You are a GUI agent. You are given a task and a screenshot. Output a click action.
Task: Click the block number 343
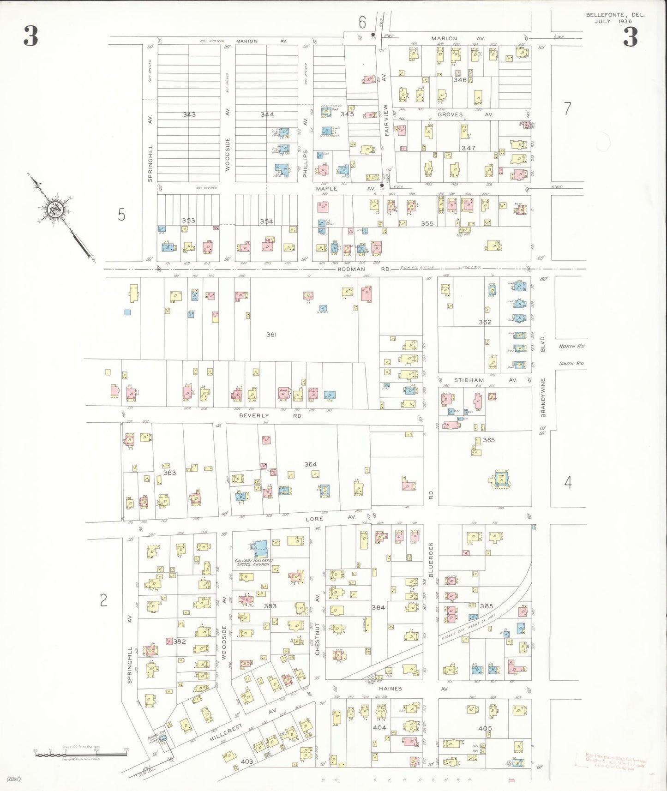click(x=189, y=114)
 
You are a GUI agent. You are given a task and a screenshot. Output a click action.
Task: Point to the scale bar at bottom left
click(x=81, y=755)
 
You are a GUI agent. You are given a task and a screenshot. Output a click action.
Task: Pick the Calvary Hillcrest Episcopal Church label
click(x=254, y=563)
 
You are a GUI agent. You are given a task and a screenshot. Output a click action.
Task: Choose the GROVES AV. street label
click(x=465, y=114)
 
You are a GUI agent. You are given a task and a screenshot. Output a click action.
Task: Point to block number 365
click(x=489, y=440)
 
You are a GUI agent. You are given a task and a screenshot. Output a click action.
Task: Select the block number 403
click(x=247, y=761)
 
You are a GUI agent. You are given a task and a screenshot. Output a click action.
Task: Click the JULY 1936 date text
click(x=613, y=21)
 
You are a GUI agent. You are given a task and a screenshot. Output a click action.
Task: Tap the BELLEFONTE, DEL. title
click(x=615, y=15)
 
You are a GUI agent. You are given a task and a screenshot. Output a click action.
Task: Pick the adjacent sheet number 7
click(x=568, y=109)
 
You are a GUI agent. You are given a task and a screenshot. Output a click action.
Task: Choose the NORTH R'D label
click(x=571, y=346)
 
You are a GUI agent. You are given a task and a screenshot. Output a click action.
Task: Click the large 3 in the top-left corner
click(x=31, y=36)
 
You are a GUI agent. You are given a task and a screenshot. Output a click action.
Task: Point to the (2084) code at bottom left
click(x=14, y=779)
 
